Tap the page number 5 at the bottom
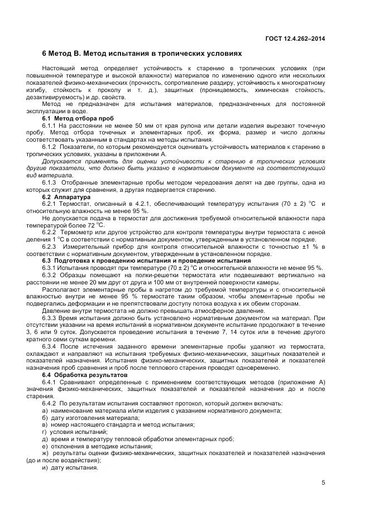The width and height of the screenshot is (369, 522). coord(323,483)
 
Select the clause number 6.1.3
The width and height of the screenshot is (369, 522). coord(50,182)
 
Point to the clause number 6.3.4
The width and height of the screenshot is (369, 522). coord(50,346)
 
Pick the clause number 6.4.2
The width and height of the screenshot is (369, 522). coord(50,403)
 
